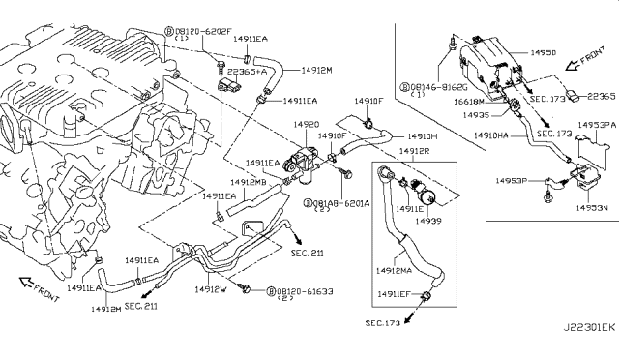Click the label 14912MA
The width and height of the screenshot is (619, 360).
click(x=396, y=272)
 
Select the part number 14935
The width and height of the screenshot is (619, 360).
click(x=475, y=114)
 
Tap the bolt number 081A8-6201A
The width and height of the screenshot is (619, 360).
click(x=339, y=202)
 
